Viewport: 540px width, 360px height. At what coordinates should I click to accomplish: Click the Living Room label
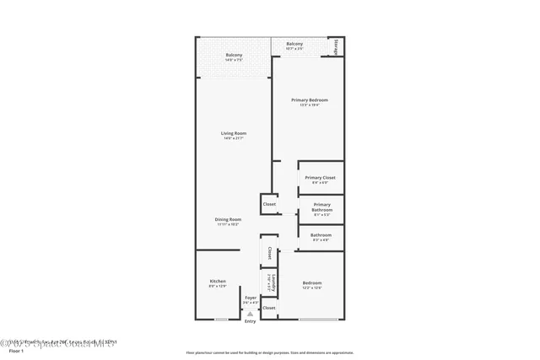tap(235, 133)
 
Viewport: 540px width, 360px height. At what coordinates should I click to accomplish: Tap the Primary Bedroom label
tap(310, 100)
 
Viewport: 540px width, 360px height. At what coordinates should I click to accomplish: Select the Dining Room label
tap(228, 219)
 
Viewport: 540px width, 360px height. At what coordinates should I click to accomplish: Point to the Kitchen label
tap(218, 281)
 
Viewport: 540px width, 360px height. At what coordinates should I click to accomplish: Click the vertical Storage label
tap(337, 46)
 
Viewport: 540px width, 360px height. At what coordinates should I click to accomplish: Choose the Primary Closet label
tap(321, 178)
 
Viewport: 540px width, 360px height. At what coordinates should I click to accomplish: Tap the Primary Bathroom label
tap(321, 206)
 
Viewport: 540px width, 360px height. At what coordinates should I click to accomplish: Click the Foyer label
tap(251, 298)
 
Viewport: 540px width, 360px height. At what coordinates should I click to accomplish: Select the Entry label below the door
tap(250, 321)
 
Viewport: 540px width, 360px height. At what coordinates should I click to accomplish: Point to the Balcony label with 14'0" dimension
tap(234, 56)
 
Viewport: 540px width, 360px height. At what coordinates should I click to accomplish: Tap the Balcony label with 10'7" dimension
tap(294, 44)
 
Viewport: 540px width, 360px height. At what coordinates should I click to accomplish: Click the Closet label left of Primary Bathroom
tap(269, 204)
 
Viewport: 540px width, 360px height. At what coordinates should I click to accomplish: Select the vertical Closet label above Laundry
tap(269, 251)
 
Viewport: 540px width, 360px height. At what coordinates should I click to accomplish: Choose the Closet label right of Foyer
tap(269, 308)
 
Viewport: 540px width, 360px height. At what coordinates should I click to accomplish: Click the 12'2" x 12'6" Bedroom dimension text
tap(311, 288)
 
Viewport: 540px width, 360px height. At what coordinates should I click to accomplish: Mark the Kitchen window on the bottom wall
tap(221, 320)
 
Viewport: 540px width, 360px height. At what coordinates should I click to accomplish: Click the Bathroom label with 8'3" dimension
tap(321, 235)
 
